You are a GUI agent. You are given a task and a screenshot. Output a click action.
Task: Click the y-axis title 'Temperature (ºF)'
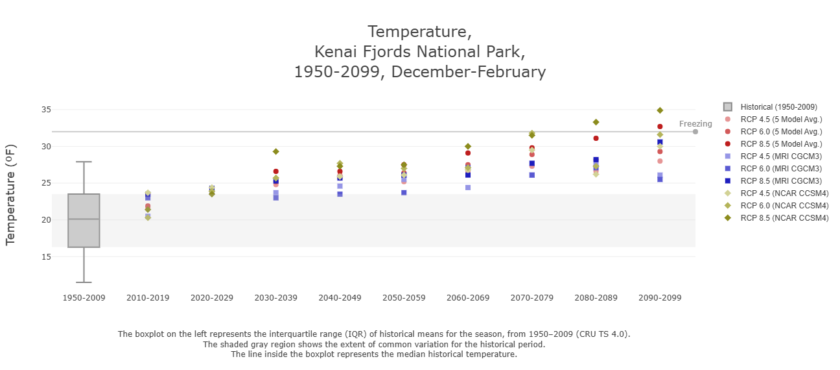[10, 195]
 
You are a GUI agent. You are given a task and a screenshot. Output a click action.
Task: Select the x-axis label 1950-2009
[84, 298]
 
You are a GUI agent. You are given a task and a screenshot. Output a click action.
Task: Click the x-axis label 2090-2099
[659, 298]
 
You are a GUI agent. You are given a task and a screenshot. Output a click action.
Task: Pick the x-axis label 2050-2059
[403, 298]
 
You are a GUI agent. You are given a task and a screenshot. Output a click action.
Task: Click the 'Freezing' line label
[695, 124]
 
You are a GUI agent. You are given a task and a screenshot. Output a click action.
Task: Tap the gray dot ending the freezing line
[695, 132]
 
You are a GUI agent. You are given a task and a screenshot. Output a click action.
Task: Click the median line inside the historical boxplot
[84, 219]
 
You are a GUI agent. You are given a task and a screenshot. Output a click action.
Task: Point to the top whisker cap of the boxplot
[84, 162]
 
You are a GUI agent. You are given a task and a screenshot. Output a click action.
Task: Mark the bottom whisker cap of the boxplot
[84, 282]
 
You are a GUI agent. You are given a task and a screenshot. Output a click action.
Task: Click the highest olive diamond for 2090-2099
[660, 110]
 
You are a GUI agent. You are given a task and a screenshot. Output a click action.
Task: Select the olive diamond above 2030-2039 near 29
[275, 151]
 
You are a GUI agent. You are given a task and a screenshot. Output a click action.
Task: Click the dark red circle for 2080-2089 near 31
[596, 138]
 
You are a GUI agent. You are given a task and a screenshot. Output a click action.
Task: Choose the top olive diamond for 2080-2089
[596, 122]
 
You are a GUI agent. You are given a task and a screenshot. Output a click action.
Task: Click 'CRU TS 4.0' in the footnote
[603, 334]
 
